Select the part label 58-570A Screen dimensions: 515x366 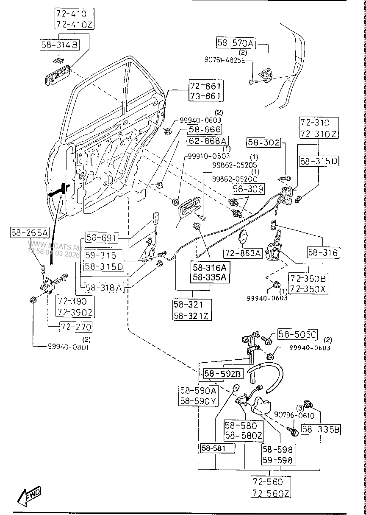tap(236, 43)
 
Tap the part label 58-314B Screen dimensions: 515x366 tap(59, 44)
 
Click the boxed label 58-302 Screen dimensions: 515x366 tap(264, 143)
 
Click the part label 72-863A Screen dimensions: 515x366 tap(243, 253)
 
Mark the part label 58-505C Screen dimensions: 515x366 tap(297, 335)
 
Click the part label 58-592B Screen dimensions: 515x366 tap(223, 374)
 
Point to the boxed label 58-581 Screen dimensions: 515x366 tap(217, 448)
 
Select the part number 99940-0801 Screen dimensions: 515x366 tap(68, 347)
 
